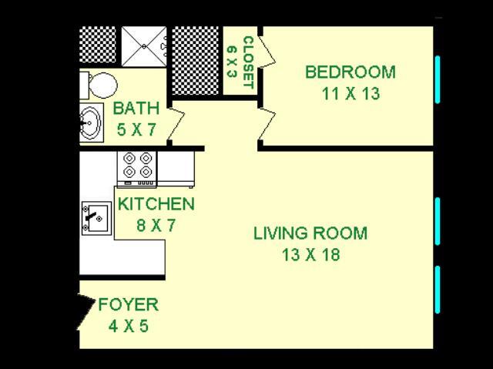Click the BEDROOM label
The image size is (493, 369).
click(x=350, y=72)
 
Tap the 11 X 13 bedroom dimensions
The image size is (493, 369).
click(x=351, y=94)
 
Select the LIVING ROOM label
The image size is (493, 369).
click(x=310, y=233)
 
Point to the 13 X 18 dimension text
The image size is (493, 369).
click(x=311, y=254)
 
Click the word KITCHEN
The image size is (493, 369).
click(x=156, y=204)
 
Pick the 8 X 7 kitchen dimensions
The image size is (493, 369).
click(x=156, y=226)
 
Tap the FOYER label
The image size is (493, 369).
click(x=129, y=304)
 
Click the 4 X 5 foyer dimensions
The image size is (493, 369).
click(x=129, y=327)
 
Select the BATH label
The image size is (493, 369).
click(x=136, y=108)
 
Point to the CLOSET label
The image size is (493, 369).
click(x=249, y=63)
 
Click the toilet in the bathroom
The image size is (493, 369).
click(x=99, y=86)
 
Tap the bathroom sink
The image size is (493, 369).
click(x=91, y=122)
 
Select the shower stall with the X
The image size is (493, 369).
click(x=144, y=46)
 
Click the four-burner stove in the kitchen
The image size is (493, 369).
click(x=137, y=169)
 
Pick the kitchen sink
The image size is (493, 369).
click(x=96, y=218)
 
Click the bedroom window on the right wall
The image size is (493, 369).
click(x=438, y=79)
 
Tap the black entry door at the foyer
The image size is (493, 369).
click(x=86, y=312)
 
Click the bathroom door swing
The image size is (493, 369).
click(x=176, y=124)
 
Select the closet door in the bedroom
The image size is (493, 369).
click(x=267, y=52)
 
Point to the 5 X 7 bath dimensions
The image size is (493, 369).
click(x=136, y=129)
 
